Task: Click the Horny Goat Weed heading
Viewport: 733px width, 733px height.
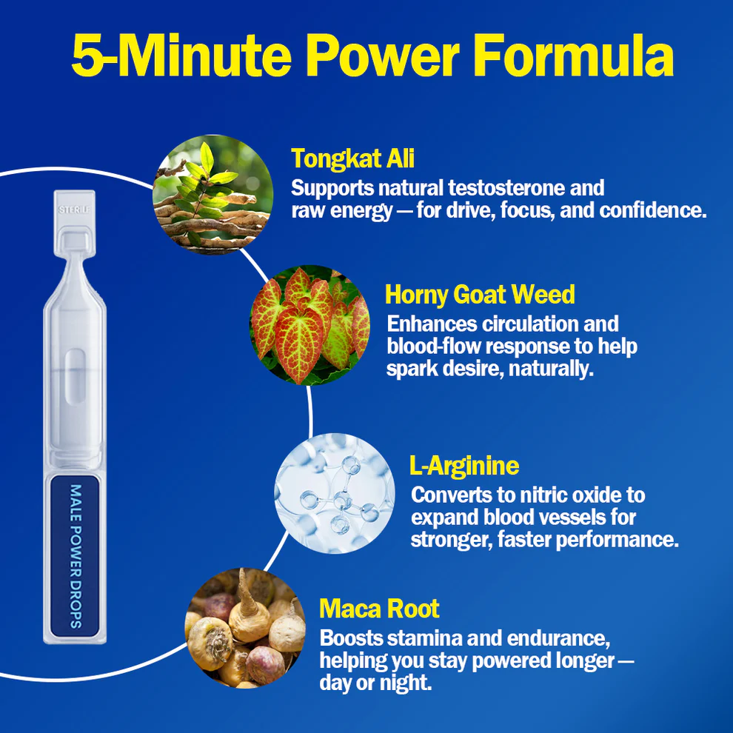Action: [480, 295]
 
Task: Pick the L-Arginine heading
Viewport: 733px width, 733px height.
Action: [463, 466]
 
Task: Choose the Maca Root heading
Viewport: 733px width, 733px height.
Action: [379, 609]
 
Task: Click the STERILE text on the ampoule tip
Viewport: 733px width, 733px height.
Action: [73, 210]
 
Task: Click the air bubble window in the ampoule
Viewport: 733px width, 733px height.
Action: [75, 377]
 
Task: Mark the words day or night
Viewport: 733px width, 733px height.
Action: [375, 682]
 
